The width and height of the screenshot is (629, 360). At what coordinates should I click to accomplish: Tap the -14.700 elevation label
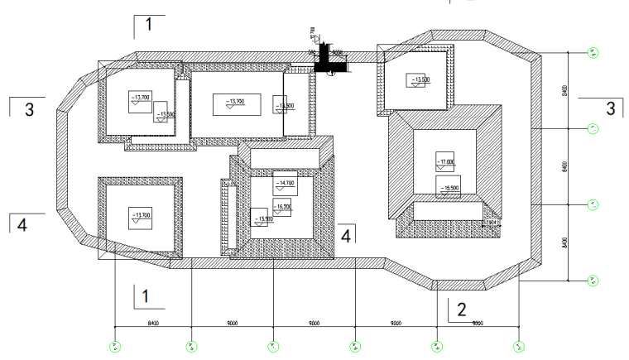tap(286, 183)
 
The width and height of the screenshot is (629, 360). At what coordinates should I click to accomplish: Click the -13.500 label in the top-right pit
tap(420, 79)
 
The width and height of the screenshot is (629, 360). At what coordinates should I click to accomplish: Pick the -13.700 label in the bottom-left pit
tap(141, 216)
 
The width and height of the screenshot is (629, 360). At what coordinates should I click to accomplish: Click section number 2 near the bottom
tap(462, 310)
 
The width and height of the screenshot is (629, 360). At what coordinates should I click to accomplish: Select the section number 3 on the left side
tap(29, 109)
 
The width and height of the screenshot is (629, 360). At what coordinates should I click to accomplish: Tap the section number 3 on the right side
tap(611, 108)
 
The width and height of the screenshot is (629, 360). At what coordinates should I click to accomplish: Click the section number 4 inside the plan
tap(347, 235)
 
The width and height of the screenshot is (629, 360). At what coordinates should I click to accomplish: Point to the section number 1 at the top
tap(147, 25)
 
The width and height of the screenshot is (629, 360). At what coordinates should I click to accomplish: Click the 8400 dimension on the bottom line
tap(152, 322)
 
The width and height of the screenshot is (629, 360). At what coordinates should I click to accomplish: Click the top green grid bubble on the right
tap(593, 52)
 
